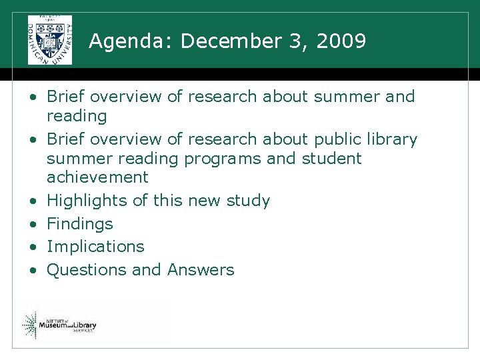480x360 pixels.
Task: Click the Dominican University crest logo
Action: coord(50,40)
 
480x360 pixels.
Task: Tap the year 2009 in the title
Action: coord(341,41)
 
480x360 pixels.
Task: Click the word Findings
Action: coord(80,223)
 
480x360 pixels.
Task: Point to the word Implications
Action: coord(95,246)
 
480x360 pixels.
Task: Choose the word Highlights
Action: coord(87,200)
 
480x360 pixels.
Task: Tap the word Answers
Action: coord(201,269)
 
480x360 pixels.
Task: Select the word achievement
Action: coord(97,177)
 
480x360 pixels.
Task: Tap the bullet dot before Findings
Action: coord(32,224)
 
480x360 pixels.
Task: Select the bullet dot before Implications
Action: coord(32,247)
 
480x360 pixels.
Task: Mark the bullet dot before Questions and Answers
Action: coord(32,270)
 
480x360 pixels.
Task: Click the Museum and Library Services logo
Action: coord(59,325)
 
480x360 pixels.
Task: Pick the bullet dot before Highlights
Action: coord(32,201)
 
